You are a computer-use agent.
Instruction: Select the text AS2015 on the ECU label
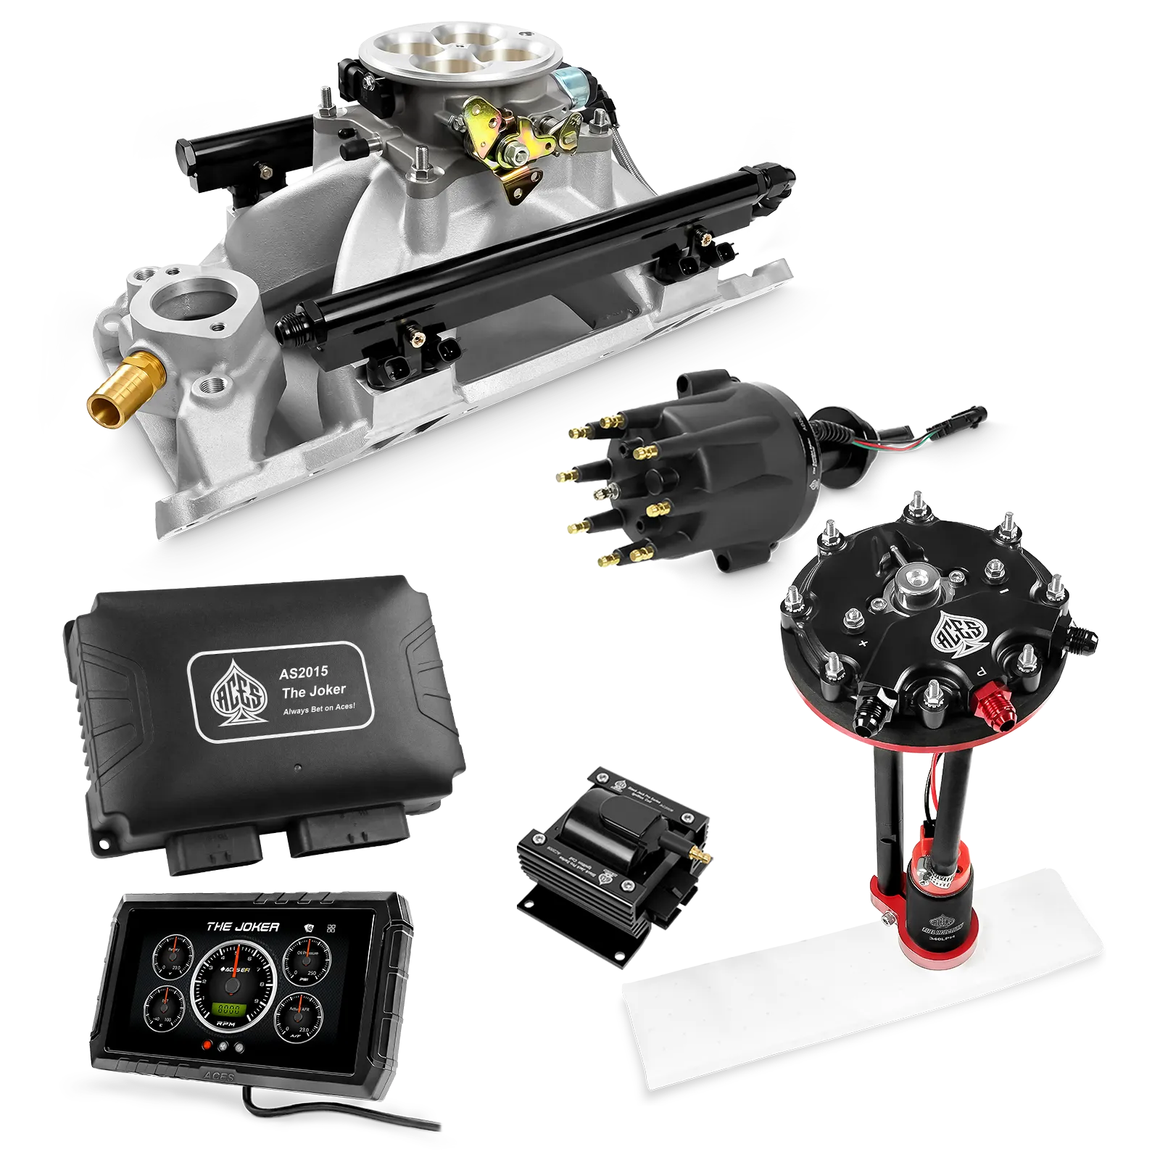pos(303,672)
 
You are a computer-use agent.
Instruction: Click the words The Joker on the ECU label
pos(313,690)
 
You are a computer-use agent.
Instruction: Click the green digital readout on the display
pos(231,1008)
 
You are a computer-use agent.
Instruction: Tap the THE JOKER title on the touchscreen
pos(242,927)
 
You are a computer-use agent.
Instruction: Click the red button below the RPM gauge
pos(208,1046)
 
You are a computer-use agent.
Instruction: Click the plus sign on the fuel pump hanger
pos(863,643)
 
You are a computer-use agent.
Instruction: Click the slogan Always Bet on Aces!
pos(319,708)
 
